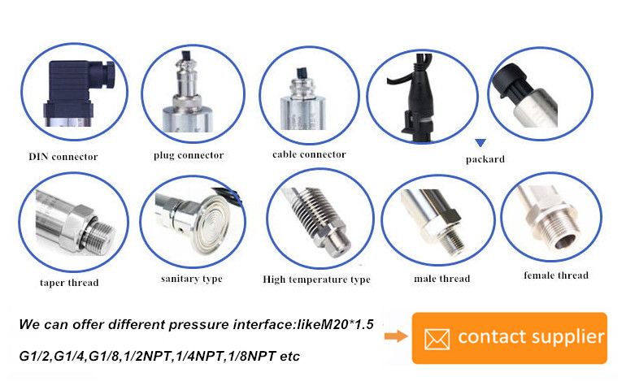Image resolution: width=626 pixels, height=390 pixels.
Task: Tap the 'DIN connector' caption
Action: point(63,157)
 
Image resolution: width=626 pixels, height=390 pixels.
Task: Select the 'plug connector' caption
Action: point(189,155)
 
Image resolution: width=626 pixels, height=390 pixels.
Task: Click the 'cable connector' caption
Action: point(309,154)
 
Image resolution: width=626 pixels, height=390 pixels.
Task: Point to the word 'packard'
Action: point(485,159)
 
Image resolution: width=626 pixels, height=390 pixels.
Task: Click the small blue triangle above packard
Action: point(480,142)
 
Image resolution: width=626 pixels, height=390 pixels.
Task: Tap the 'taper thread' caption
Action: point(69,283)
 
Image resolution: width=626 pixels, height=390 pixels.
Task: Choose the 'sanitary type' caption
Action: point(192,279)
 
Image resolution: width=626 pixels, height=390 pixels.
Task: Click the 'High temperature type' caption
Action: point(316,279)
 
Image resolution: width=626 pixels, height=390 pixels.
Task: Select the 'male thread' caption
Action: point(442,279)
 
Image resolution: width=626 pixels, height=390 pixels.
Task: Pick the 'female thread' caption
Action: point(556,275)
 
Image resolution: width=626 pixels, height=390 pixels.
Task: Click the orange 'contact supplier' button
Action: point(510,338)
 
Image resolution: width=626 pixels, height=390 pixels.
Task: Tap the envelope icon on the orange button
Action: point(437,340)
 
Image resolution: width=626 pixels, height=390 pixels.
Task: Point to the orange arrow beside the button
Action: point(396,336)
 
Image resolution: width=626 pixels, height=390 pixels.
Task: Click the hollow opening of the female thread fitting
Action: point(565,241)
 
